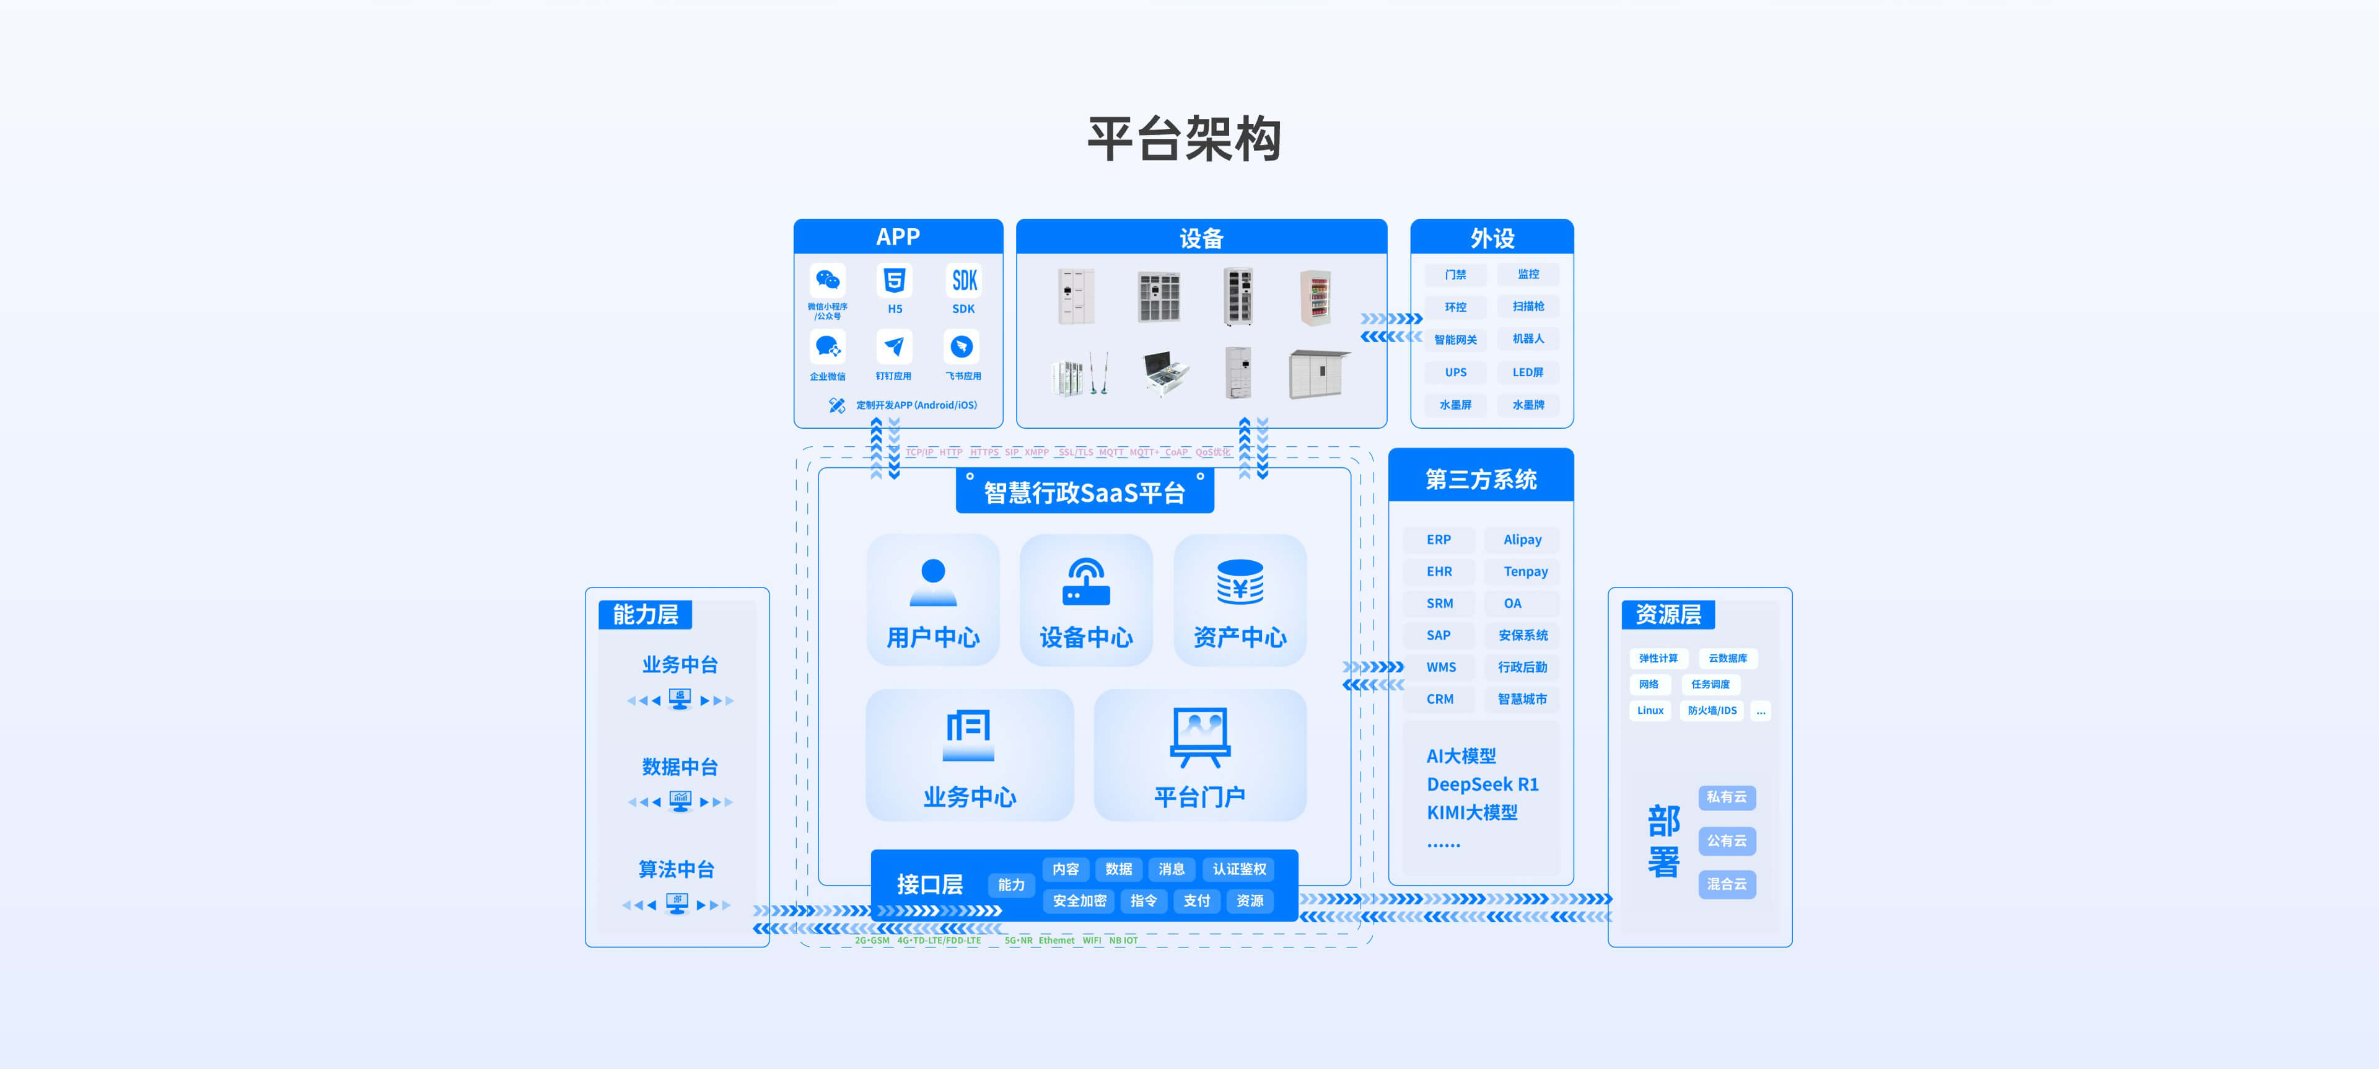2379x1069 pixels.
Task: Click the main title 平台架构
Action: click(x=1184, y=139)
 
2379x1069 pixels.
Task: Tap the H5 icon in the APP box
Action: click(x=894, y=280)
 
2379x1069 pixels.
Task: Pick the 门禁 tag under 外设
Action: click(x=1455, y=275)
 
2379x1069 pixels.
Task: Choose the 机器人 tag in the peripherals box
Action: click(x=1528, y=339)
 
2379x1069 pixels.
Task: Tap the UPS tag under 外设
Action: click(x=1455, y=372)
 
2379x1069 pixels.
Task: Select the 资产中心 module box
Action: click(x=1239, y=600)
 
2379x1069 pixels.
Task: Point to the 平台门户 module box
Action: click(x=1199, y=755)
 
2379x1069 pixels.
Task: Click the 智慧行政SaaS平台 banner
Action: click(x=1084, y=493)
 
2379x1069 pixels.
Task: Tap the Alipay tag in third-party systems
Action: click(x=1522, y=540)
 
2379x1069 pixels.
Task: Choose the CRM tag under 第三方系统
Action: click(x=1440, y=700)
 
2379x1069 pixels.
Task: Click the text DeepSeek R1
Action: click(x=1483, y=785)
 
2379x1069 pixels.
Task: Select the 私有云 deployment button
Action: click(x=1726, y=798)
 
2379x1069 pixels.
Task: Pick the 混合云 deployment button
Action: click(x=1726, y=884)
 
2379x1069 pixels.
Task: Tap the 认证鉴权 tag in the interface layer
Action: click(x=1239, y=869)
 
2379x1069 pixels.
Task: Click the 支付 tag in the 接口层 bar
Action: click(x=1196, y=901)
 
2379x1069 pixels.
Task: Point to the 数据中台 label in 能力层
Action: click(x=680, y=767)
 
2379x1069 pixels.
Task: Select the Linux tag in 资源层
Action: click(x=1649, y=711)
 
